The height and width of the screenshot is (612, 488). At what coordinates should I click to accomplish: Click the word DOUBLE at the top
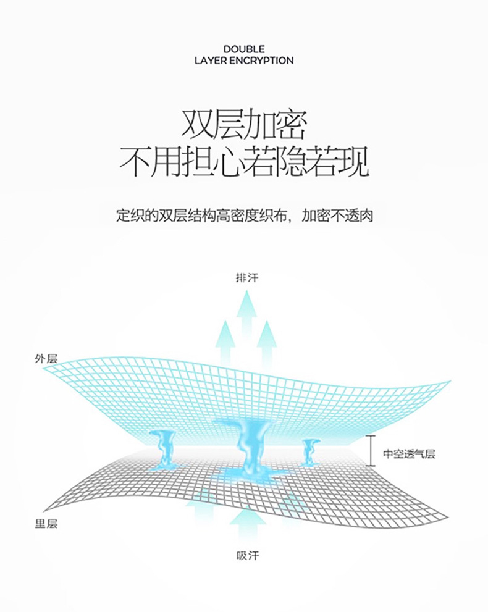pos(244,49)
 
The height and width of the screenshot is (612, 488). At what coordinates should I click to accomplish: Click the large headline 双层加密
pos(244,125)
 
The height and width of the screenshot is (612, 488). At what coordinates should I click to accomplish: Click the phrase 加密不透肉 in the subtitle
pos(337,216)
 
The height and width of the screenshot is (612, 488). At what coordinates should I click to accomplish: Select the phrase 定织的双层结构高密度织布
pos(201,216)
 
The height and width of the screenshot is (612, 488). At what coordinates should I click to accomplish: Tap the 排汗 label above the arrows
pos(247,278)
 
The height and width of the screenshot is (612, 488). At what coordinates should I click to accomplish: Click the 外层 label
pos(46,359)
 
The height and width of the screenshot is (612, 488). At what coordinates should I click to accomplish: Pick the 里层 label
pos(46,524)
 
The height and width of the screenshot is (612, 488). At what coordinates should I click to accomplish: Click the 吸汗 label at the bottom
pos(248,555)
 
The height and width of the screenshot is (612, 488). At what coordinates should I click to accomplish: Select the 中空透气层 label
pos(409,454)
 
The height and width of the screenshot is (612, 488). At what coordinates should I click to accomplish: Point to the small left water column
pos(163,450)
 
